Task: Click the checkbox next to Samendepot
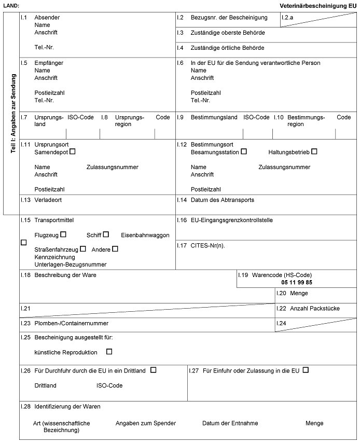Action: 73,151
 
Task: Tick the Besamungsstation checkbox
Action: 244,151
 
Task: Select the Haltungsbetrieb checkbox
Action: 314,151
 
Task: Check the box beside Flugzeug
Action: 63,234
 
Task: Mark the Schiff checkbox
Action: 106,234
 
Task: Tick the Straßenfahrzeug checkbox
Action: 83,249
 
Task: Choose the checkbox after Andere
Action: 115,249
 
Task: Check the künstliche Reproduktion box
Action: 109,352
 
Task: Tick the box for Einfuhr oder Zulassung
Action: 306,370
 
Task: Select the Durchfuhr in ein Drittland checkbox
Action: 153,370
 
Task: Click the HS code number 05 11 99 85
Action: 297,282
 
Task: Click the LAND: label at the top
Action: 11,5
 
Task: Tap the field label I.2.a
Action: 287,17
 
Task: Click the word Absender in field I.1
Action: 47,17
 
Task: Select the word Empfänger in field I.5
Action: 49,63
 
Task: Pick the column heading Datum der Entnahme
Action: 230,423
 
